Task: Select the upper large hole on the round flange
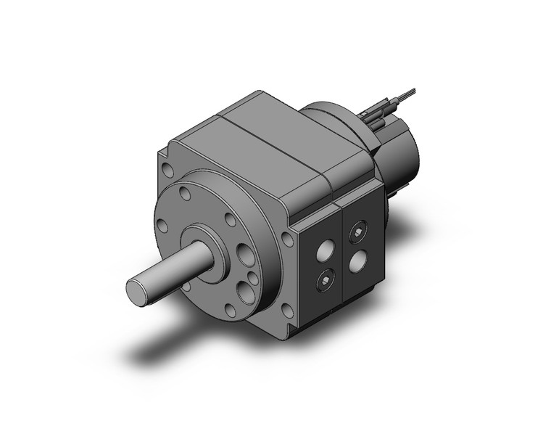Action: click(241, 255)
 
